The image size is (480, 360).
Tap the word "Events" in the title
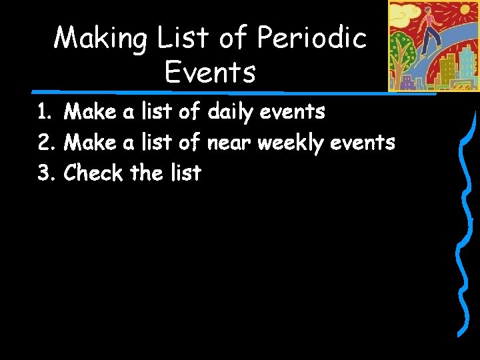click(210, 71)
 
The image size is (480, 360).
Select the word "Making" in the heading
click(101, 38)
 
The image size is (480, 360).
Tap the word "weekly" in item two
click(298, 143)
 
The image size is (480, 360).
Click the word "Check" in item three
click(93, 173)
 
